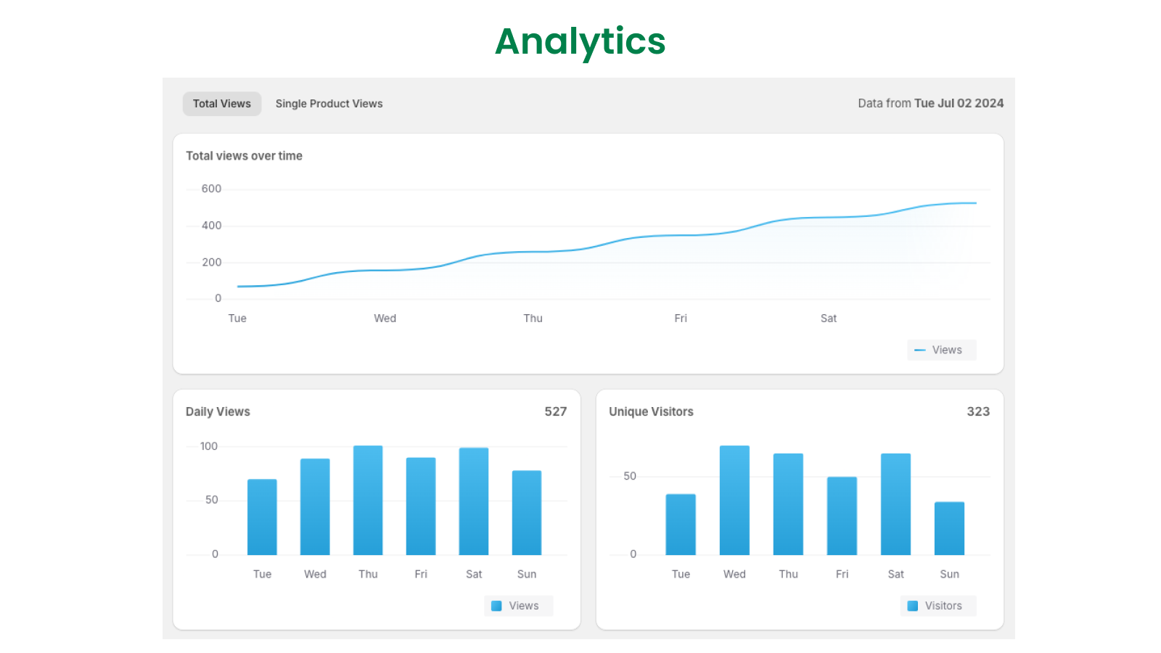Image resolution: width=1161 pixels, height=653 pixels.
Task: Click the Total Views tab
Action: click(x=221, y=104)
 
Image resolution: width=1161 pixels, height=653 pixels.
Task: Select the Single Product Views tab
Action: click(x=329, y=104)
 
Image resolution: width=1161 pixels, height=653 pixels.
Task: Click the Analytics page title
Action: click(x=580, y=41)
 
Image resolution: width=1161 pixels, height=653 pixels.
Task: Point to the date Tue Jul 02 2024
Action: click(x=959, y=103)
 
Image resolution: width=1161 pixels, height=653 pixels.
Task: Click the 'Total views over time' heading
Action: click(x=244, y=156)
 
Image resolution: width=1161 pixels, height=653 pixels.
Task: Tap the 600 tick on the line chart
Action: click(x=211, y=189)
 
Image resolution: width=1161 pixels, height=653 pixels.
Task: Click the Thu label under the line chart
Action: click(x=533, y=319)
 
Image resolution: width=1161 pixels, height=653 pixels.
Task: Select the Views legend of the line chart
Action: click(x=940, y=350)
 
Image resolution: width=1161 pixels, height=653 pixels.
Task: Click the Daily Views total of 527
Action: click(x=555, y=411)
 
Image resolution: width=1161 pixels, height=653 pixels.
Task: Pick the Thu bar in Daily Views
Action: click(x=368, y=501)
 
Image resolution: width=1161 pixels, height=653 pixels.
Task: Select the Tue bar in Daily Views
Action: click(x=262, y=517)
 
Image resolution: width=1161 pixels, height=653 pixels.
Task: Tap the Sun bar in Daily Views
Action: click(x=527, y=513)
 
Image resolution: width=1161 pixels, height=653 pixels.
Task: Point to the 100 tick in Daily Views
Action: click(x=209, y=446)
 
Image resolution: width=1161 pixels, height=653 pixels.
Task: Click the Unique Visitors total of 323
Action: click(x=977, y=411)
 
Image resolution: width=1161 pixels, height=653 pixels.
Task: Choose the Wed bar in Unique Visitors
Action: click(x=734, y=501)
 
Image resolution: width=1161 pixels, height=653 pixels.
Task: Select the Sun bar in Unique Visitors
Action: click(x=949, y=528)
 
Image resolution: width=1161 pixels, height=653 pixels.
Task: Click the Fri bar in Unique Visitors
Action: click(x=842, y=516)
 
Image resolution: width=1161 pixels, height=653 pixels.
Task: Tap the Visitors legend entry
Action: click(x=938, y=606)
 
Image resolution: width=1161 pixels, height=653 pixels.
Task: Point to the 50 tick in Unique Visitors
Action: click(x=630, y=476)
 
